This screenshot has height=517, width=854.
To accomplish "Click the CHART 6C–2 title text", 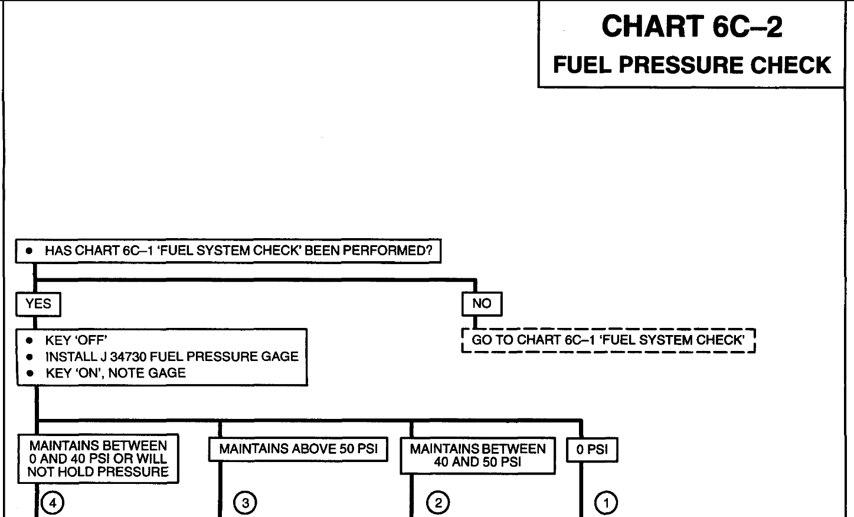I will point(692,27).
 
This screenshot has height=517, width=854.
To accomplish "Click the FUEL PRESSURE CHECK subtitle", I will point(692,65).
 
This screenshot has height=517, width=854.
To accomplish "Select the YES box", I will point(38,304).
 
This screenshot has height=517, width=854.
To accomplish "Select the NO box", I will point(482,304).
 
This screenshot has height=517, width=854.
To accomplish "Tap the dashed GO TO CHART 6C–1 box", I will point(608,340).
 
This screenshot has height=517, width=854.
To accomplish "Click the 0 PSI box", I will point(592,450).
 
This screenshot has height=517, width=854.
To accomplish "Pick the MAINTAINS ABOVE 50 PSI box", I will point(298,449).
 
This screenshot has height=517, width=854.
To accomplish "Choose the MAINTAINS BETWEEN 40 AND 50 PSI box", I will point(477,456).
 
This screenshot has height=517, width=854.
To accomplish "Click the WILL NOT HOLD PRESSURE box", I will point(98,459).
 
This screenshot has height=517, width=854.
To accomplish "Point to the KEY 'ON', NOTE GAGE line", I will point(115,373).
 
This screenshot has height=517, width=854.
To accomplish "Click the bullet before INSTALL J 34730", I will point(29,357).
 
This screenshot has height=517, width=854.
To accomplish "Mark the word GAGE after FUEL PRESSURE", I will point(280,357).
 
